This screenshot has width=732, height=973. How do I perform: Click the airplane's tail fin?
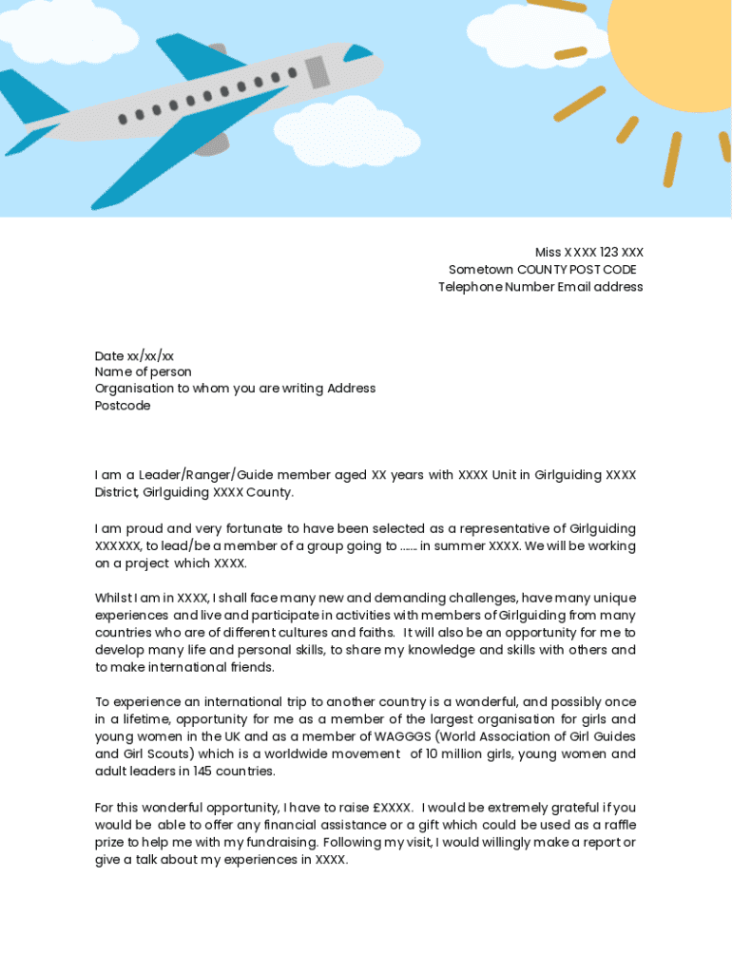coord(29,95)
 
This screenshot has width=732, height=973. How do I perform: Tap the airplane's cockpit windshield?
coord(358,52)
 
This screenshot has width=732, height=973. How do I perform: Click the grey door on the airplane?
coord(317,72)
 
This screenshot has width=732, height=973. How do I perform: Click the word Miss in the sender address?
coord(548,253)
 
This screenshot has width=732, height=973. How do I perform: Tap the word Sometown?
coord(481,270)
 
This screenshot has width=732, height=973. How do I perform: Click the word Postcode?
coord(123,406)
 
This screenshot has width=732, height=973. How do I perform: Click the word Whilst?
coord(115,599)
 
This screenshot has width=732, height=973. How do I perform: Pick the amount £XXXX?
coord(393,808)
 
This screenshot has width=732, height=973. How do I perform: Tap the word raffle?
coord(616,825)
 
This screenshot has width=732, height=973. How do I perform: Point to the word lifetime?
coord(143,719)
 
